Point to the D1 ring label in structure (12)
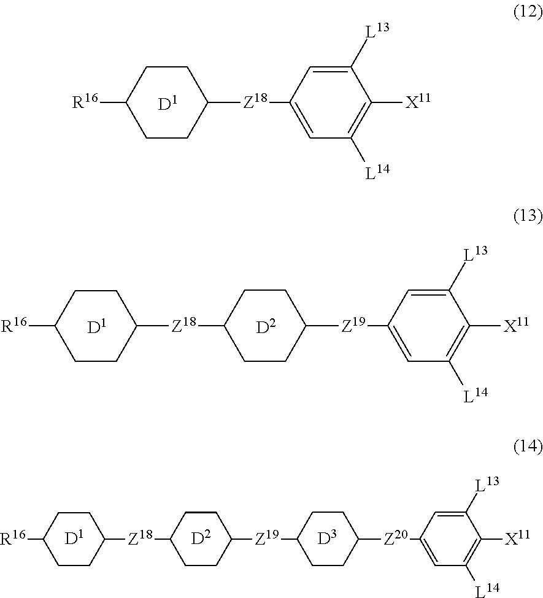coord(167,104)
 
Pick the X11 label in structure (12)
coord(417,102)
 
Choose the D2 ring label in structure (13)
coord(266,328)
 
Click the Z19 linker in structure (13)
coord(355,326)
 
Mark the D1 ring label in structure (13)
coord(96,328)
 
